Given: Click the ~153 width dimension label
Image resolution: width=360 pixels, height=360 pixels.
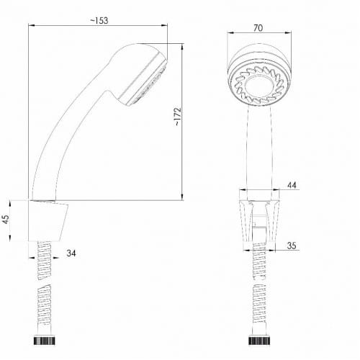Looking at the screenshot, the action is pyautogui.click(x=99, y=21).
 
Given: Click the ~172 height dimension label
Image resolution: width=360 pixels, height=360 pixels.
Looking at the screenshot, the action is pyautogui.click(x=178, y=117).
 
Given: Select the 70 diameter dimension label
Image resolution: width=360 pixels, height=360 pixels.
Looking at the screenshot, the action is pyautogui.click(x=258, y=28).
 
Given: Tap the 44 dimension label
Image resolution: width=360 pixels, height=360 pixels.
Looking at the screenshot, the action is pyautogui.click(x=292, y=185).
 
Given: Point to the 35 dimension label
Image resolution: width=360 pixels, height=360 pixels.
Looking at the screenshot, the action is pyautogui.click(x=292, y=246).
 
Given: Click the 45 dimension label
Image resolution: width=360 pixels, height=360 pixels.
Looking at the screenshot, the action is pyautogui.click(x=6, y=219).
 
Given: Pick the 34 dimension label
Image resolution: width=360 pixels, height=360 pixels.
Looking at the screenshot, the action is pyautogui.click(x=71, y=253).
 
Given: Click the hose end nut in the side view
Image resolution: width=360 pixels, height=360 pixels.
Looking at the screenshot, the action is pyautogui.click(x=44, y=341).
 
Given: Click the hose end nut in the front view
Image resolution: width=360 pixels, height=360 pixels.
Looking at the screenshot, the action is pyautogui.click(x=259, y=341).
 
